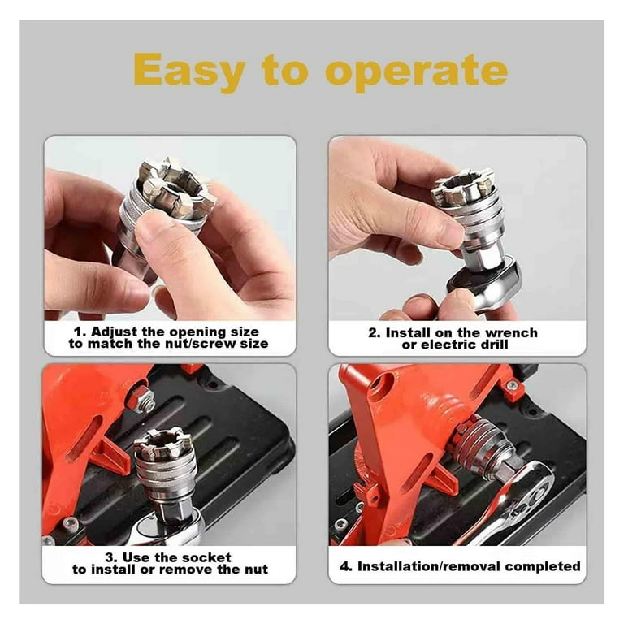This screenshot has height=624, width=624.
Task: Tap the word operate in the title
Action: coord(417,72)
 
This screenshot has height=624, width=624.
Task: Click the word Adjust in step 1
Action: coord(115,331)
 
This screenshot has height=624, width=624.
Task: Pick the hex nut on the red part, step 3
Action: coord(142,399)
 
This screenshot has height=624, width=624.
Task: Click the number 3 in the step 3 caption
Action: coord(110,558)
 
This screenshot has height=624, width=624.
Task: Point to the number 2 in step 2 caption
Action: coord(373,332)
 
